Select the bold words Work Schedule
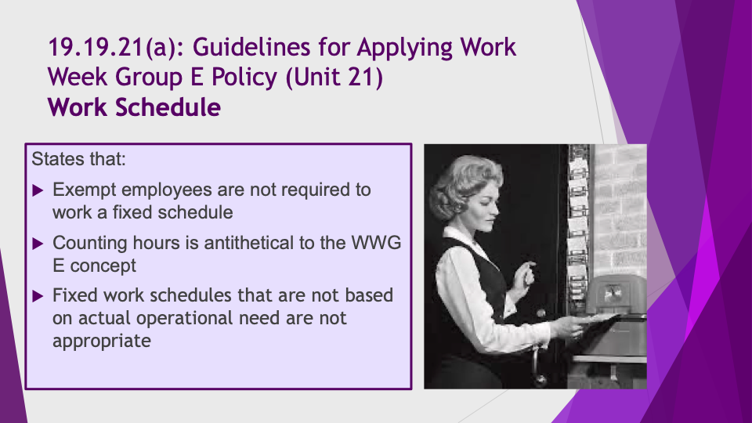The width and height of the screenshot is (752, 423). click(134, 107)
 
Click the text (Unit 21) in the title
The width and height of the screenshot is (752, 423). click(334, 78)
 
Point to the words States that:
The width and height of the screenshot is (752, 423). click(78, 159)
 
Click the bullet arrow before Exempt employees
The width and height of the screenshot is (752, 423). click(38, 191)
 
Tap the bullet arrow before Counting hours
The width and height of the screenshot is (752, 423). click(38, 244)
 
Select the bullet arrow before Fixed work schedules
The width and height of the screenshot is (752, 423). click(38, 296)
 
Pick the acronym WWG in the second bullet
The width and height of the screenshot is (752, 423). click(377, 243)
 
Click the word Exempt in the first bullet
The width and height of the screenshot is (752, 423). click(85, 190)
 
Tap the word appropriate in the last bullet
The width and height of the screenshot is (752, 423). click(102, 341)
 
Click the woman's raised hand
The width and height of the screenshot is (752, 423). click(526, 276)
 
